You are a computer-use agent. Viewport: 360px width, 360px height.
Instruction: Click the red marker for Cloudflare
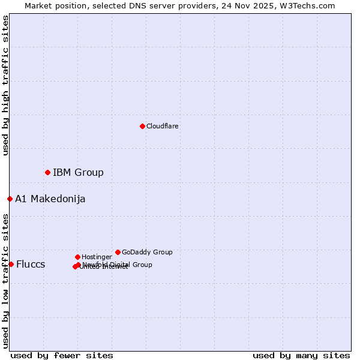142,126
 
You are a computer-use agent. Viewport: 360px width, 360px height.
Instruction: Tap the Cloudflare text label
163,127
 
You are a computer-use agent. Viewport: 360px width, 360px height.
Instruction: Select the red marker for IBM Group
47,172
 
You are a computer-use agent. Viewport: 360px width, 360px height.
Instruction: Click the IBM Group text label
78,173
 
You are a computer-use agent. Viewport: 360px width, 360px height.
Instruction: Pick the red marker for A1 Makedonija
10,199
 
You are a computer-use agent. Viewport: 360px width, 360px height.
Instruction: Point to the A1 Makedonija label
50,199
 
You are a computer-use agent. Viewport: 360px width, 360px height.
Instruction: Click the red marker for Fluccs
11,264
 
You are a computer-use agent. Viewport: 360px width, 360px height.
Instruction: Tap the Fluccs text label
31,265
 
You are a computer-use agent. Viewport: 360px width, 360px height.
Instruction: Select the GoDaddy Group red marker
118,252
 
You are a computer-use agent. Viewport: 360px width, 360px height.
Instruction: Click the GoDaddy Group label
147,253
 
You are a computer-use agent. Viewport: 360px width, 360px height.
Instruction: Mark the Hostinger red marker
77,257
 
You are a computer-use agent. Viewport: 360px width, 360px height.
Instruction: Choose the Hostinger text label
97,257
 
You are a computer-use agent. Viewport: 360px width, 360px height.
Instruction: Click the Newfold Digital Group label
118,265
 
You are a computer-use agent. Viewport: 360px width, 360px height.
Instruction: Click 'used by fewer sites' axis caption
62,355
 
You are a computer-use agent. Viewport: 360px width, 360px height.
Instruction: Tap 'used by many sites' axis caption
301,355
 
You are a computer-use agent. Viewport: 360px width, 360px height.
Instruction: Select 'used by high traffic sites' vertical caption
5,86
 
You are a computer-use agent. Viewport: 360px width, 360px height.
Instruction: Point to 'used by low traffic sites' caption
5,281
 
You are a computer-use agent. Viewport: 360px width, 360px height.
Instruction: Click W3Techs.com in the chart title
308,5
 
